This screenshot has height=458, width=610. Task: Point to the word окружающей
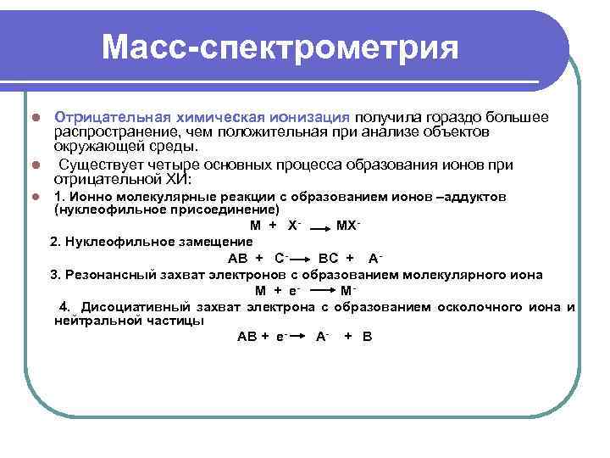(x=91, y=148)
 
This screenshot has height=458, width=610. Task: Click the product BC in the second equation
(x=328, y=258)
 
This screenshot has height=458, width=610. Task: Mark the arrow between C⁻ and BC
(x=302, y=259)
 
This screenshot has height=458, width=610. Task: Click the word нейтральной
(x=95, y=321)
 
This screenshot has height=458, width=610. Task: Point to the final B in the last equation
(x=367, y=337)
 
